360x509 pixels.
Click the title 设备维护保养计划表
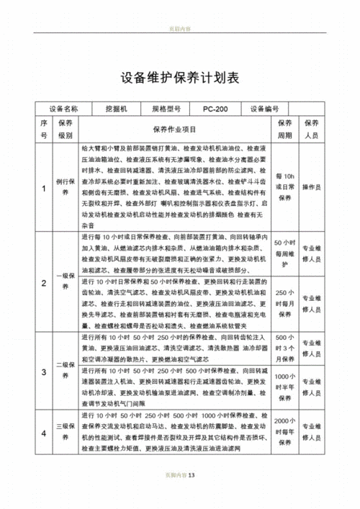[x=179, y=78]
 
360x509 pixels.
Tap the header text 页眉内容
[x=179, y=30]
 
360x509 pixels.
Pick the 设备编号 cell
[x=264, y=109]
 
